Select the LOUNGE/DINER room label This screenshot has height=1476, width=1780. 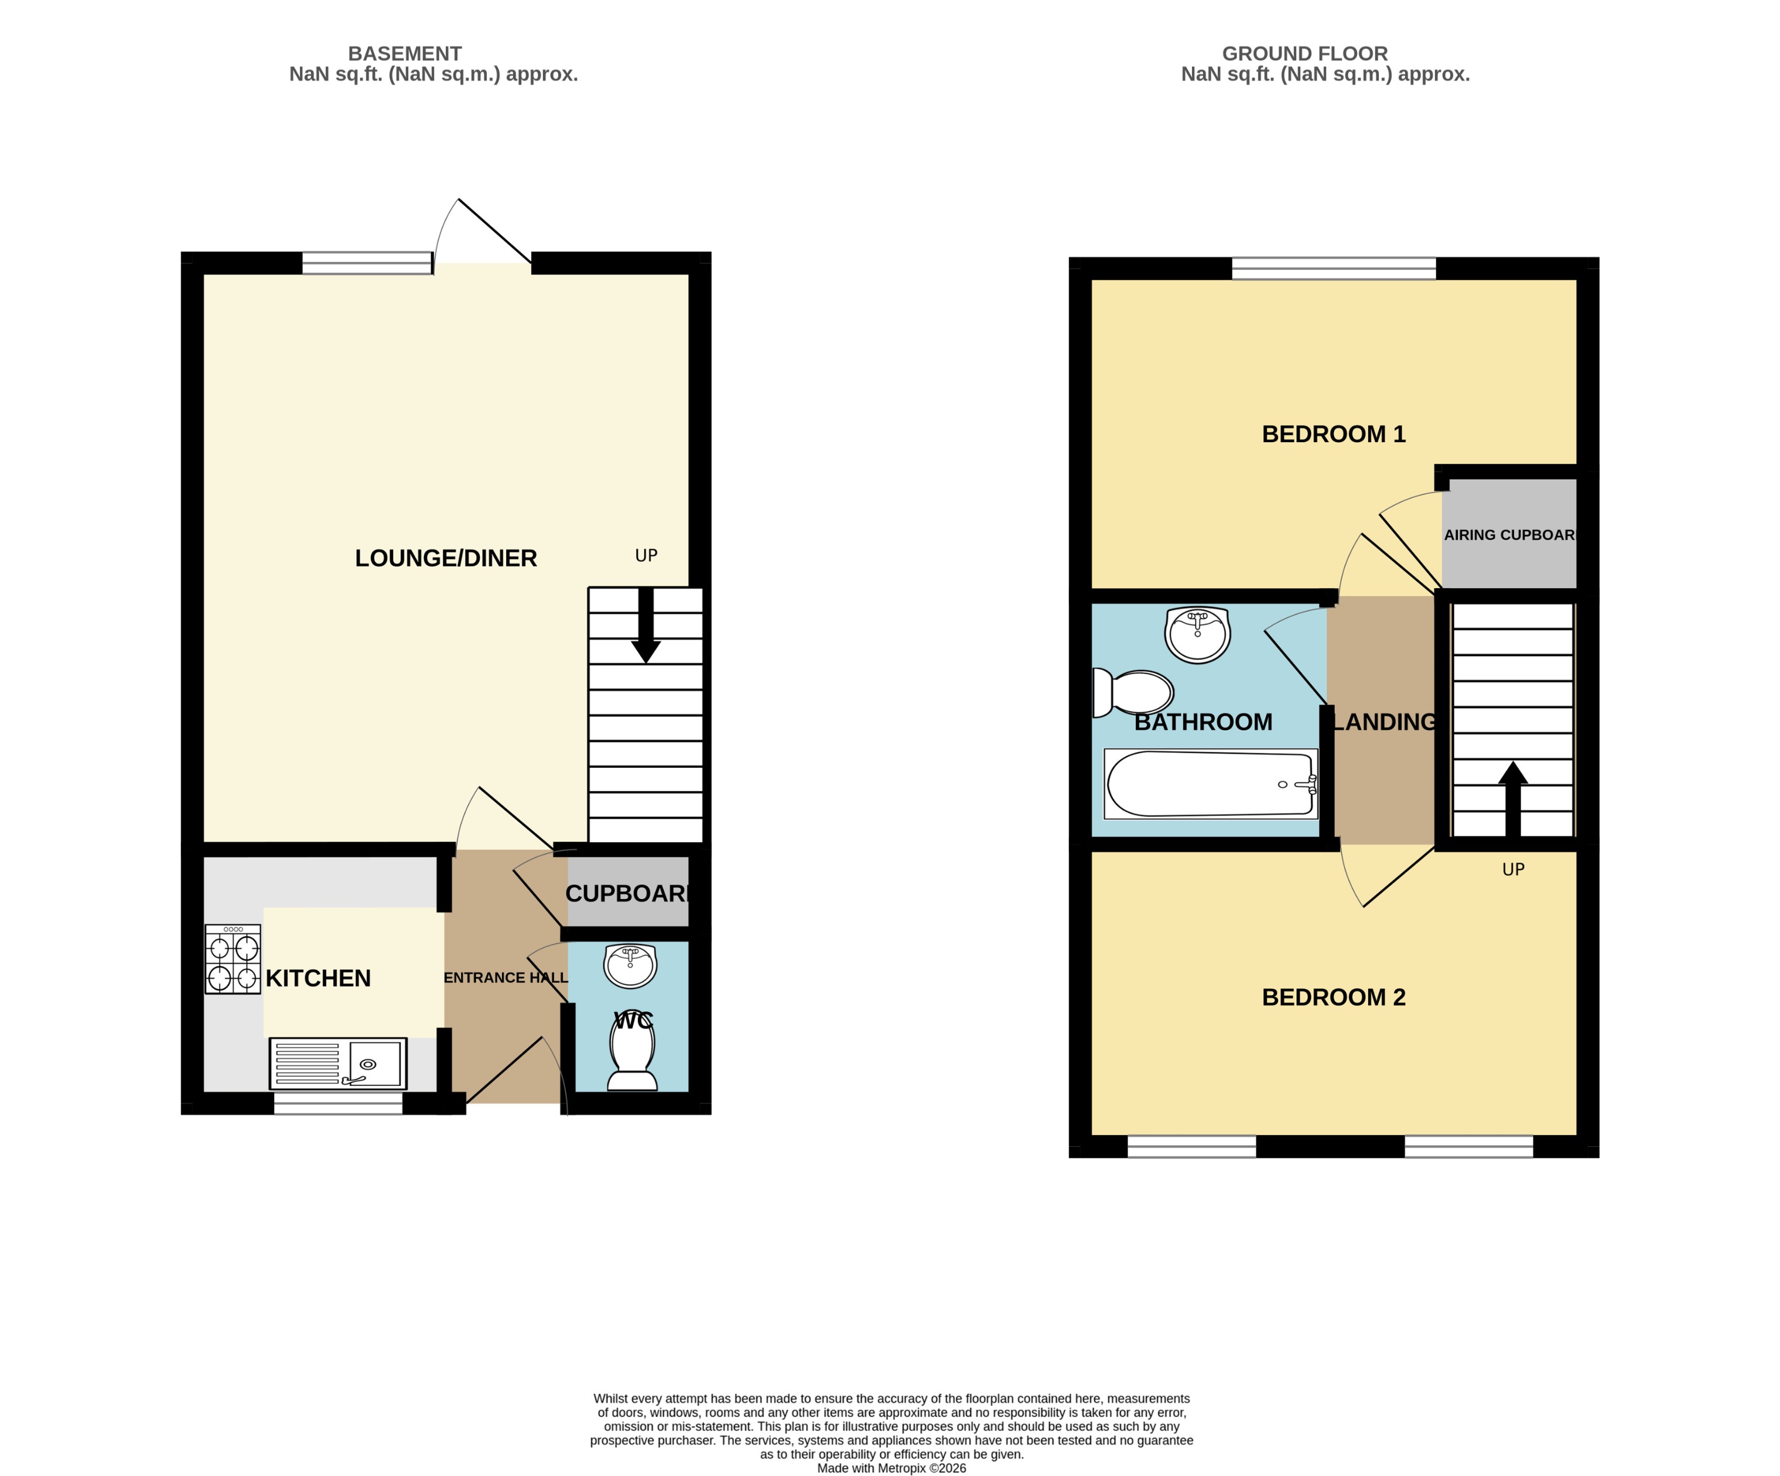click(x=446, y=558)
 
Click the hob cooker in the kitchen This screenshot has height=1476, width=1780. click(x=233, y=959)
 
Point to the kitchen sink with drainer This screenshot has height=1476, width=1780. click(x=338, y=1063)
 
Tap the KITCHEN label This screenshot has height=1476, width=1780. click(x=318, y=978)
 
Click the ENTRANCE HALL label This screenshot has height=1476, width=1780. click(x=505, y=978)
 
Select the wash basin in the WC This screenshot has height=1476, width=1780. click(x=630, y=966)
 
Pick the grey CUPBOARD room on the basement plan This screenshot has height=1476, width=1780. click(x=627, y=893)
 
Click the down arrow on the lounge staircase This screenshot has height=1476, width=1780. click(x=646, y=627)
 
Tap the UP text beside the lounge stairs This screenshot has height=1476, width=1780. click(x=646, y=555)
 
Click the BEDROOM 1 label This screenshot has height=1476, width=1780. click(x=1333, y=434)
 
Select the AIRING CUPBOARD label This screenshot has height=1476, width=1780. click(x=1509, y=535)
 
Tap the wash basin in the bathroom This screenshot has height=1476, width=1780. click(x=1197, y=634)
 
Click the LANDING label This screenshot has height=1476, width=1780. click(x=1384, y=722)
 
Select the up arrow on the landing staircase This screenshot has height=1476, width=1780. click(x=1512, y=798)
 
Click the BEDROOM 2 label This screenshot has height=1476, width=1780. click(x=1333, y=997)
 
